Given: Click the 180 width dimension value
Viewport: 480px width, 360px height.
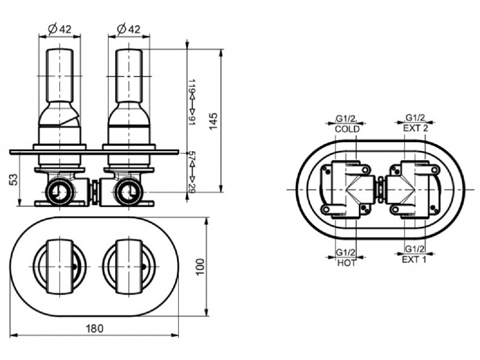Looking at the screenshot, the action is point(95,328).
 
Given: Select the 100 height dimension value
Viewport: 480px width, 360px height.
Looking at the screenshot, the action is point(200,267).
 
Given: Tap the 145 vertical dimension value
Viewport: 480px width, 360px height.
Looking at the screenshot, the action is point(213,121).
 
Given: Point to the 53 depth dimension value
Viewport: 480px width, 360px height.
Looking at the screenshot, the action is point(14,180).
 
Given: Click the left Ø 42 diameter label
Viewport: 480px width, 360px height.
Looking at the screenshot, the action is point(60,29).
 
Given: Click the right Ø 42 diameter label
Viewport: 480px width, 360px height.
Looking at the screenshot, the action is point(129,29).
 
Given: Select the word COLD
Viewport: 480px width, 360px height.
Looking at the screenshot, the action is point(347,129).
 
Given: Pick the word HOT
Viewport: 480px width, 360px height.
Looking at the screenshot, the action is point(347,263).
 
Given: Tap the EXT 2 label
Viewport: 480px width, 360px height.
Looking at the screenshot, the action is point(416,128).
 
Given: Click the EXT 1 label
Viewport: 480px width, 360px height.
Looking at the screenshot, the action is point(414,260).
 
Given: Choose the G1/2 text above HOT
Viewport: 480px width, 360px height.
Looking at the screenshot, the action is point(346,252).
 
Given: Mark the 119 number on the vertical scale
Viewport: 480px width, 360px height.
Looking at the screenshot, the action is point(192,86).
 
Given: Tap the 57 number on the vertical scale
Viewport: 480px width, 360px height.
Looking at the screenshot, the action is point(192,156).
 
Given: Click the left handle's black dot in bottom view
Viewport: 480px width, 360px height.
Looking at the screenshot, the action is point(74,267).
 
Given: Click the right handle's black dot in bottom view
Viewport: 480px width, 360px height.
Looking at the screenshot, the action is point(143,267).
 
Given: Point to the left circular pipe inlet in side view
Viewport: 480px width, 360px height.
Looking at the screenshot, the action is point(60,192).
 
